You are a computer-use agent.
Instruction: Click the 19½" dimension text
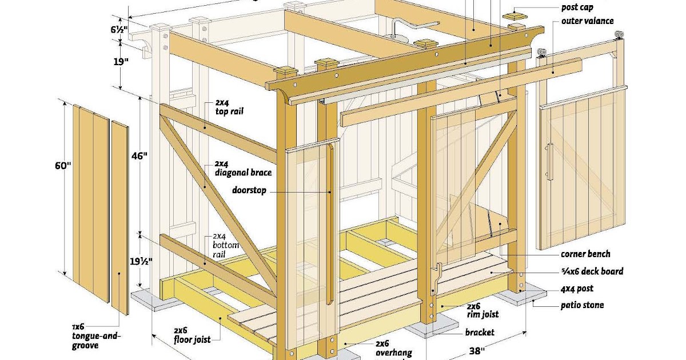click(136, 261)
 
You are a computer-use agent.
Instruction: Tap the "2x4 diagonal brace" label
click(242, 168)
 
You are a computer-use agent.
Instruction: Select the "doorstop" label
click(249, 190)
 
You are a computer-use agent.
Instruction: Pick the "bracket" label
click(479, 332)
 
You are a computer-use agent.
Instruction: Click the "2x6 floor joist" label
click(191, 335)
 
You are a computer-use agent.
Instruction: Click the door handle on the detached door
click(549, 162)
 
